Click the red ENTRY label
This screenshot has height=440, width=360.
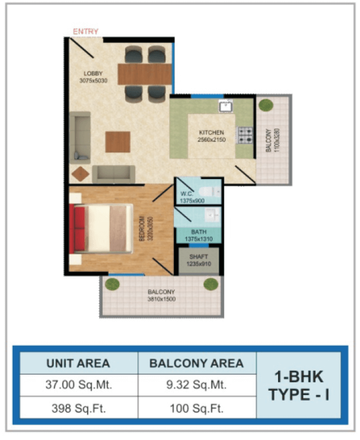pos(85,32)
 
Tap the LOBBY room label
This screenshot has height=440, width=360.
pos(93,74)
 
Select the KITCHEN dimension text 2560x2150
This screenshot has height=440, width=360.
pos(212,140)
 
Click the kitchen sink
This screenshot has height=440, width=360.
pos(226,107)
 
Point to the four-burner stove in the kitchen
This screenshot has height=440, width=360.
pos(245,136)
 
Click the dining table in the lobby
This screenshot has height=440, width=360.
pos(145,74)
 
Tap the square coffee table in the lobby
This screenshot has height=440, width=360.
pos(118,142)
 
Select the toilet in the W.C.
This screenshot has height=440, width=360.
pos(209,192)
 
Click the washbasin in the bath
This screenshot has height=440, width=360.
pos(212,215)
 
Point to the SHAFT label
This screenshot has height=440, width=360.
pos(198,257)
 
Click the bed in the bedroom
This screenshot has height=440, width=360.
pos(100,228)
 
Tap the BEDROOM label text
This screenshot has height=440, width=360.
pos(142,228)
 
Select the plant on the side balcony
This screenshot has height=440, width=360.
pos(266,105)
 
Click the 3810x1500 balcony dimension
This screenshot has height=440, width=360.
pos(161,299)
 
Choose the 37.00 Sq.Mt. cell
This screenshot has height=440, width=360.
pos(79,385)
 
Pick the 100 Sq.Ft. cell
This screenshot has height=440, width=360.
pos(197,408)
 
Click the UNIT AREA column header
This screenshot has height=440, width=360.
pos(78,364)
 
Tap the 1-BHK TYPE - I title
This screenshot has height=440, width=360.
pos(299,385)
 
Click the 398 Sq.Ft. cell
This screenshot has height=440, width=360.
pos(79,408)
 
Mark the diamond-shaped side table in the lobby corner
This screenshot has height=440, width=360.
pos(80,174)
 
